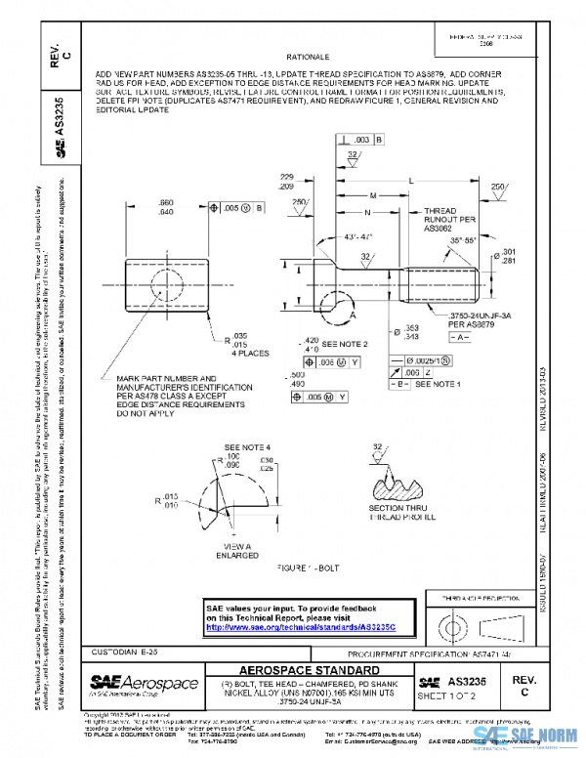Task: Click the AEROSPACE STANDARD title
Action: [x=310, y=669]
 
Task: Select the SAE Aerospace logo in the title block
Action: [x=143, y=683]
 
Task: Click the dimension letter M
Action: [x=373, y=195]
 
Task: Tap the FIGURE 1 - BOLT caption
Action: [x=312, y=566]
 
